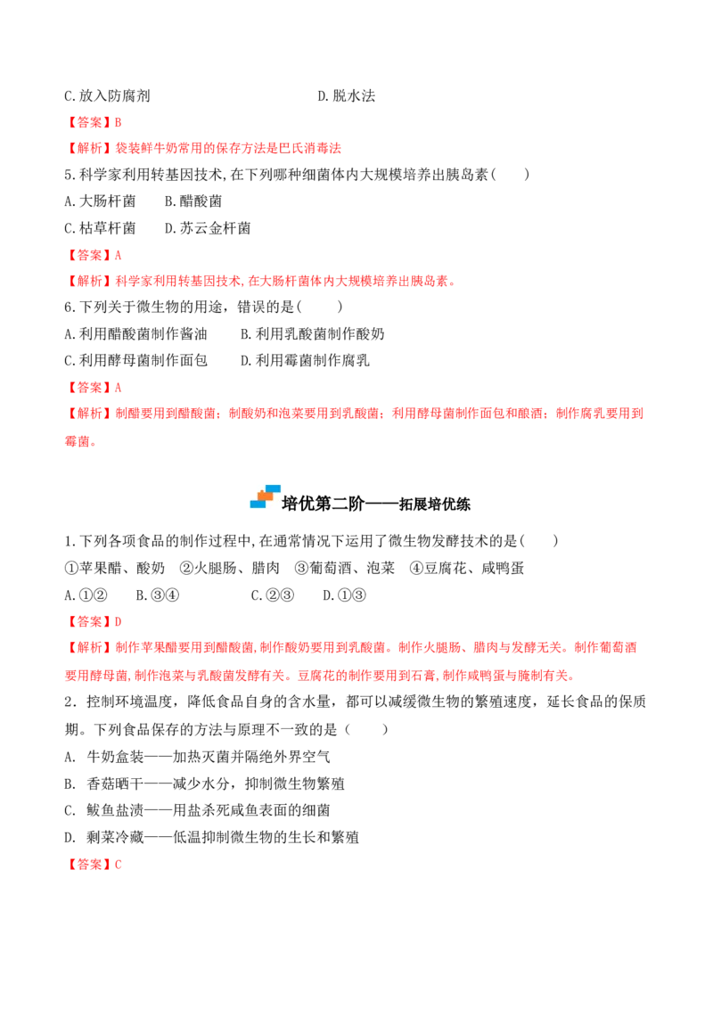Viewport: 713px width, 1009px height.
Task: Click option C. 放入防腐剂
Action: [x=107, y=96]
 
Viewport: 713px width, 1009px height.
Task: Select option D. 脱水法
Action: [x=346, y=96]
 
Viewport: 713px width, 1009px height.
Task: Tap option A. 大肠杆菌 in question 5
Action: [x=100, y=201]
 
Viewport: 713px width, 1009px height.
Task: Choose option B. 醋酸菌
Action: [x=193, y=201]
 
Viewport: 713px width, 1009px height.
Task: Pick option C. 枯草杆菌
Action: [x=100, y=228]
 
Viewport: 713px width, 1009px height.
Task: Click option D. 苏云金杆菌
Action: [x=208, y=228]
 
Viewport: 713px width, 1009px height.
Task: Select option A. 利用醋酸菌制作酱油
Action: [x=135, y=334]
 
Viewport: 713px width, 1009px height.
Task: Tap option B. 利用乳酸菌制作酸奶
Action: [x=312, y=334]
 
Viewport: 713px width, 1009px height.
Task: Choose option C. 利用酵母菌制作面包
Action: [x=135, y=360]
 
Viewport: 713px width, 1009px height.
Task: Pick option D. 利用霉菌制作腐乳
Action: [x=305, y=360]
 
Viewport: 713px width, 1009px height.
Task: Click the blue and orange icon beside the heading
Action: [x=265, y=496]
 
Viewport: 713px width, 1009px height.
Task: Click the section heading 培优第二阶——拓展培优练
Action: [x=376, y=504]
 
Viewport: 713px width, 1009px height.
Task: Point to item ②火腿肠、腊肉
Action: [x=230, y=568]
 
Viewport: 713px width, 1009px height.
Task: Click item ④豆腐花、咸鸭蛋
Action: [x=466, y=568]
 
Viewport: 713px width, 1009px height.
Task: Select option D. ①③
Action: [x=344, y=595]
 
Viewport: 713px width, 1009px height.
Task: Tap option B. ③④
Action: [x=158, y=595]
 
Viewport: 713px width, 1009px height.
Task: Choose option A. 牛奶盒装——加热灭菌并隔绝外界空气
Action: [x=198, y=757]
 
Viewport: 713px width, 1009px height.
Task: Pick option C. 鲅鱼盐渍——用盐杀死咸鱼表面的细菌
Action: [x=198, y=810]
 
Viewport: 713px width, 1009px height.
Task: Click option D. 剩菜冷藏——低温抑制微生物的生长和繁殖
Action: [x=212, y=837]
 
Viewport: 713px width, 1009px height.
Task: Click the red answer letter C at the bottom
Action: [x=119, y=865]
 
